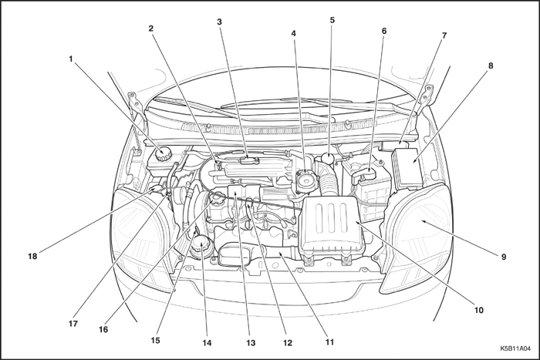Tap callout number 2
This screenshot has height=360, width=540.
click(x=152, y=29)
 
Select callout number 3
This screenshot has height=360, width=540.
click(x=220, y=22)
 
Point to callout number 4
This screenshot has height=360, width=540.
click(x=294, y=33)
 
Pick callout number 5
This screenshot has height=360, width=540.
click(x=332, y=20)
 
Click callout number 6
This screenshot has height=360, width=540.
click(x=383, y=32)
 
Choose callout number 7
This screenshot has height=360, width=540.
click(x=444, y=35)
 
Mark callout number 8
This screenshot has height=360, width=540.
click(x=490, y=66)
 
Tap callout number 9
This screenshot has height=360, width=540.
click(x=504, y=256)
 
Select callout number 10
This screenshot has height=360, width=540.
click(x=478, y=310)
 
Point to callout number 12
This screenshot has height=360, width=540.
click(x=287, y=343)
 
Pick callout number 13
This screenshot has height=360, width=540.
click(x=250, y=342)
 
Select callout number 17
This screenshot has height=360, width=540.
click(x=73, y=324)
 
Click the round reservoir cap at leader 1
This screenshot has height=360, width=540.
click(x=163, y=152)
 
